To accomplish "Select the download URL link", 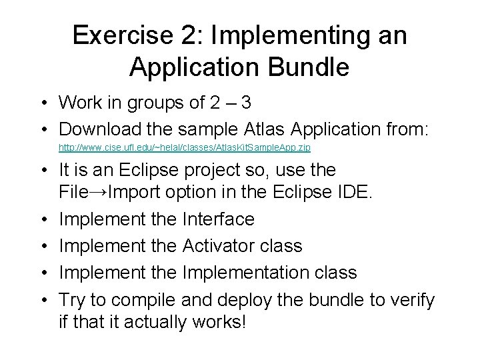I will pyautogui.click(x=185, y=146).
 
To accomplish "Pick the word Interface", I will pyautogui.click(x=217, y=219).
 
